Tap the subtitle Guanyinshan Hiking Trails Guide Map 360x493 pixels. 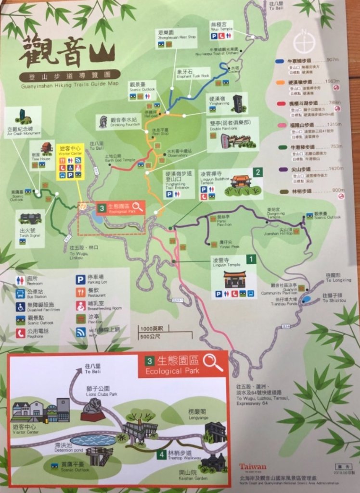click(69, 83)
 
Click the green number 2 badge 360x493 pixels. click(258, 172)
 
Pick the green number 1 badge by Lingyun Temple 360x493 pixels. click(250, 259)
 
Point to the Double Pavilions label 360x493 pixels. click(232, 125)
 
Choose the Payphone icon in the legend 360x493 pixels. click(20, 332)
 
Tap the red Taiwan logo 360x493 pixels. click(252, 467)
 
